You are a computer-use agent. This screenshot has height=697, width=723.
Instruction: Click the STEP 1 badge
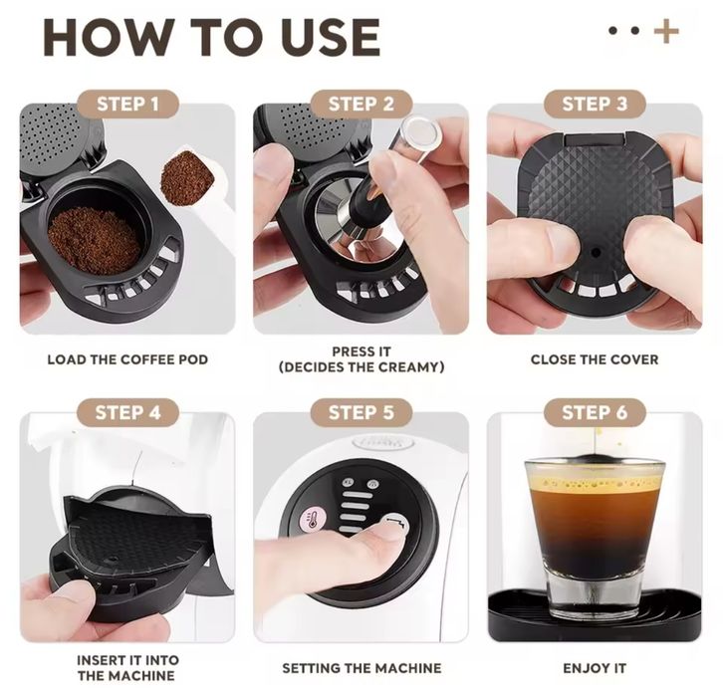(128, 104)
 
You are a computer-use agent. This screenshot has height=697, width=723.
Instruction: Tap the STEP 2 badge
(361, 104)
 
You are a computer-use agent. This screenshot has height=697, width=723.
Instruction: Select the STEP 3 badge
(595, 104)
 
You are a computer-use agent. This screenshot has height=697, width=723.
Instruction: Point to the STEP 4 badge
(128, 412)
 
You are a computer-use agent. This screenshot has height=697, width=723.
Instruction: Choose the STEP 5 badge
(361, 412)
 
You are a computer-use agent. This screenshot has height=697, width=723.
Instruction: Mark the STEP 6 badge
(595, 412)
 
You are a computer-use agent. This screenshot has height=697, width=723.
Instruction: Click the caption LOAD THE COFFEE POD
(127, 359)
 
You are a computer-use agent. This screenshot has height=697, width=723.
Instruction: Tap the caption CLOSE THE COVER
(595, 359)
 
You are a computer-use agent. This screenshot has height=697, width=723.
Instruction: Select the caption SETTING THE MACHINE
(361, 668)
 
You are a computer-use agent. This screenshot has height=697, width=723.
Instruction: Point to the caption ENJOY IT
(595, 668)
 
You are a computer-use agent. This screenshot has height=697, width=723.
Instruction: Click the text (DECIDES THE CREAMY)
(361, 367)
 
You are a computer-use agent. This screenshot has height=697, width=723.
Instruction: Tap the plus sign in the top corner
(666, 31)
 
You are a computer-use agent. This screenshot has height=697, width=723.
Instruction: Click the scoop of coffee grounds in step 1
(187, 177)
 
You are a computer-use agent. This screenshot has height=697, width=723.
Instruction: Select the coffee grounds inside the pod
(94, 240)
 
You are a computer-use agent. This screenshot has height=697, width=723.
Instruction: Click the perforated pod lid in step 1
(58, 139)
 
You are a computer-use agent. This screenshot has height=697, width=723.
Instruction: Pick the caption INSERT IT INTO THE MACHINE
(127, 668)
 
